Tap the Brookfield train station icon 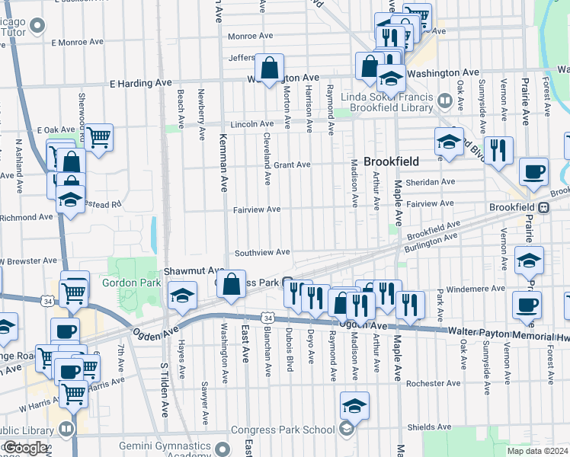543,207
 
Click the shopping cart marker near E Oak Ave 98,138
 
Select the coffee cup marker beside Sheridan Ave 533,171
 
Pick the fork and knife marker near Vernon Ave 498,149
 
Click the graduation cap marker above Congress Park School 354,406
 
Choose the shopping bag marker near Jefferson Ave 270,68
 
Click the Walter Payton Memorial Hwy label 508,332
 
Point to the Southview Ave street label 262,252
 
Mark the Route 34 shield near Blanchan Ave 267,317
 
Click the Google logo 25,448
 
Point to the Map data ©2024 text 537,451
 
